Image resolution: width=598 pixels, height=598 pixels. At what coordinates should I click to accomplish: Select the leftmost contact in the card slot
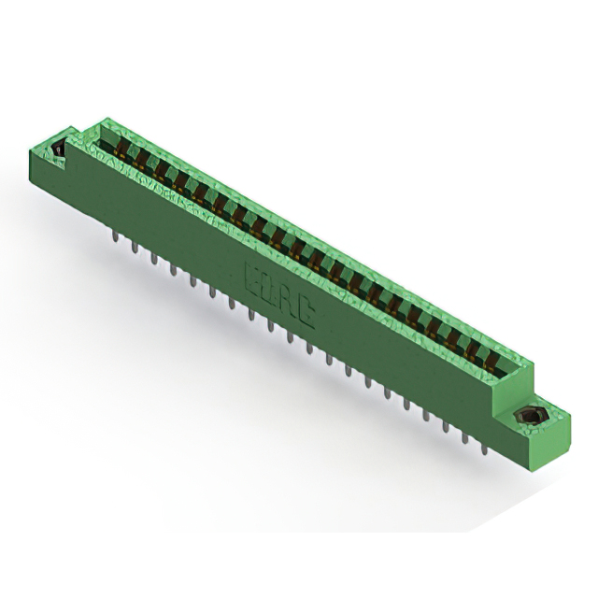tap(120, 143)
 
